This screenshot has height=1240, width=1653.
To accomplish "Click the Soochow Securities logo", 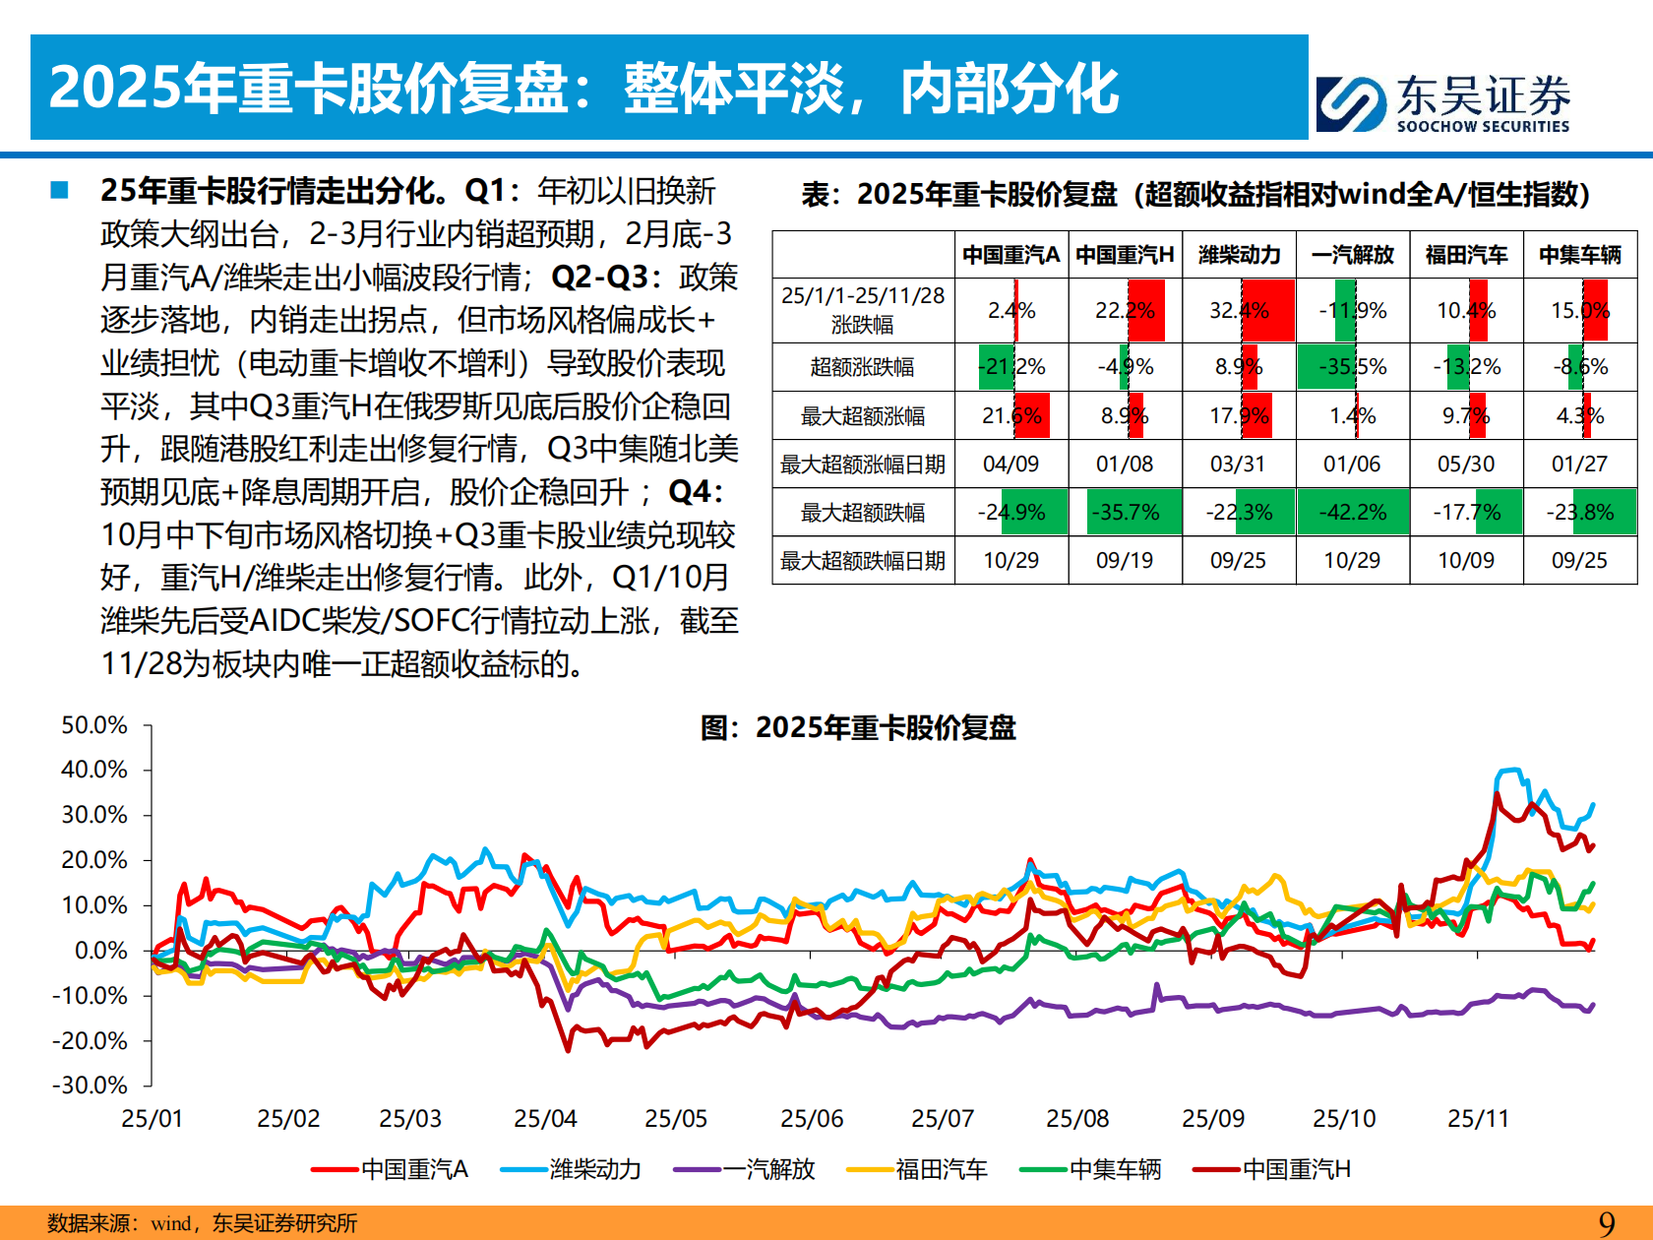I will click(1442, 103).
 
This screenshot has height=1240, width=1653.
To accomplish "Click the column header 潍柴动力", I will click(1239, 255).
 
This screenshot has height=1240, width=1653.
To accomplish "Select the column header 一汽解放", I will click(1352, 255).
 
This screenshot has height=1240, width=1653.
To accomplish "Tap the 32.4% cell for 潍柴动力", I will click(1239, 311).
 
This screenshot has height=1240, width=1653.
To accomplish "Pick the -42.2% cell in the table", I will click(1352, 513).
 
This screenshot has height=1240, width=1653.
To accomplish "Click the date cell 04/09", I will click(1010, 464).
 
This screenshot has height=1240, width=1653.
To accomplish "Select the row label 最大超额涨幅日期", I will click(862, 465).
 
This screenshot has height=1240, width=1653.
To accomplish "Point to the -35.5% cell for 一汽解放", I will click(1352, 367).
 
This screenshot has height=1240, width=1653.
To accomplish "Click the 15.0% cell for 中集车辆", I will click(1579, 311).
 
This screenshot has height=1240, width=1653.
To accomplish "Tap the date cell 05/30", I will click(1466, 464).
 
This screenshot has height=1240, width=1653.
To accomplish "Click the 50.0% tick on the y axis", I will click(94, 725).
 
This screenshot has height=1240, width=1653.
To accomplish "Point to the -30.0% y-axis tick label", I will click(91, 1085).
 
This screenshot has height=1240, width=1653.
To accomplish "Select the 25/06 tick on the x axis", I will click(812, 1119).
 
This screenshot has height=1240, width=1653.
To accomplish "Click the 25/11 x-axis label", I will click(1478, 1119).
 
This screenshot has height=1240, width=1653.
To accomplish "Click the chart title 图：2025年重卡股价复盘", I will click(857, 728).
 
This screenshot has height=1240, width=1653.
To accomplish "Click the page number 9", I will click(1607, 1223).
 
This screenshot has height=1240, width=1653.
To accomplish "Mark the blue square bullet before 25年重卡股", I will click(60, 190).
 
